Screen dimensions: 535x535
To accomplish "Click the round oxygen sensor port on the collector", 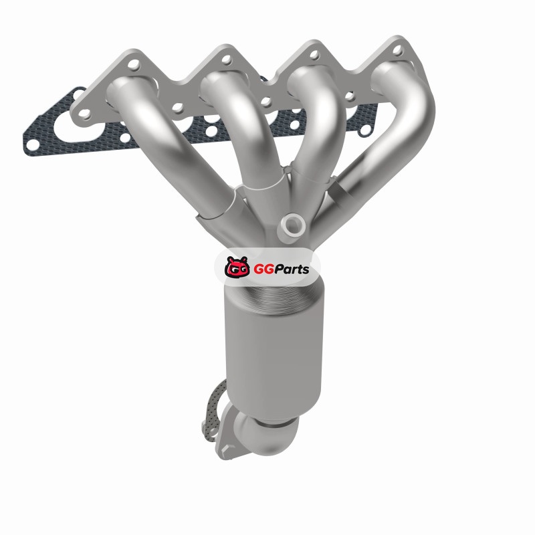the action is (293, 225).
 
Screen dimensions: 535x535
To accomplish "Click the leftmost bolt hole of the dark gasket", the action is (33, 145).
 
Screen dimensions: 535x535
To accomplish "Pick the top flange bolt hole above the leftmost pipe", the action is (134, 65).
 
